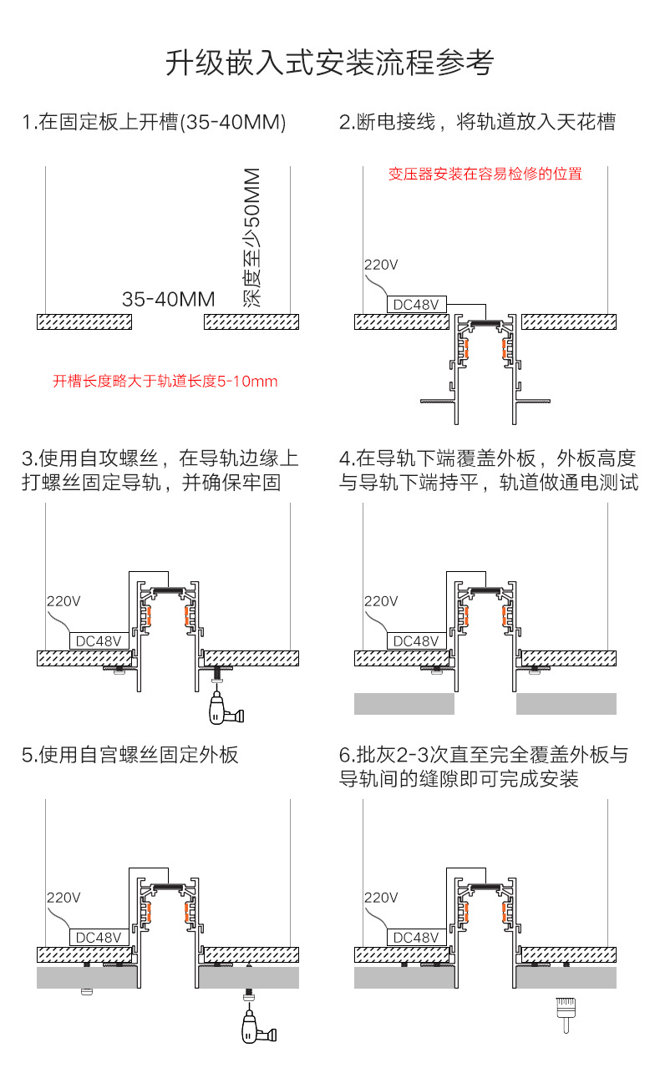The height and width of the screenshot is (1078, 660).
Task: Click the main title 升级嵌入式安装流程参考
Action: click(x=329, y=63)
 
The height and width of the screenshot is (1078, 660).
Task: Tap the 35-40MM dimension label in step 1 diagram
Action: click(x=168, y=299)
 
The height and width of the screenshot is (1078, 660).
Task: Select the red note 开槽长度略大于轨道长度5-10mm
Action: click(x=165, y=382)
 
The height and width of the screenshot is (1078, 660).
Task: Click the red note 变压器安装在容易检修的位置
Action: click(x=485, y=174)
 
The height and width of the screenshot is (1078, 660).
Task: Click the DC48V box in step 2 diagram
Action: click(x=416, y=305)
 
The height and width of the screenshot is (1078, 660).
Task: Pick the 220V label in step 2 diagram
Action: click(x=381, y=265)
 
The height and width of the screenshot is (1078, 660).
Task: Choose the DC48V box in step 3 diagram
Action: click(x=99, y=641)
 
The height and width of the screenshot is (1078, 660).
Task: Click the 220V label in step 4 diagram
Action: click(x=381, y=601)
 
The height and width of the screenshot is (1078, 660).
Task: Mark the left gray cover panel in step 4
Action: click(x=404, y=704)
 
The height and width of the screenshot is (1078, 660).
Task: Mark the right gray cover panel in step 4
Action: click(x=566, y=704)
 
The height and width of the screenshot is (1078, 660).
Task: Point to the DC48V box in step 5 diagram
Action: click(x=99, y=938)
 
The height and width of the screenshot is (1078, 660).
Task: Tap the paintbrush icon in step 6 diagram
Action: click(x=564, y=1010)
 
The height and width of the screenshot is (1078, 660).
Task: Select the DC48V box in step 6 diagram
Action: click(x=416, y=938)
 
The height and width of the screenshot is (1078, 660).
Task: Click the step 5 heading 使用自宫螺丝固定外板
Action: click(x=130, y=755)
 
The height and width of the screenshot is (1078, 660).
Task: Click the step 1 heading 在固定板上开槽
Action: click(x=155, y=123)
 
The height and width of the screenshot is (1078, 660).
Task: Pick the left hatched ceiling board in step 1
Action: click(x=84, y=321)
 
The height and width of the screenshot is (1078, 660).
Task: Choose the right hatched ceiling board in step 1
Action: click(x=251, y=321)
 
